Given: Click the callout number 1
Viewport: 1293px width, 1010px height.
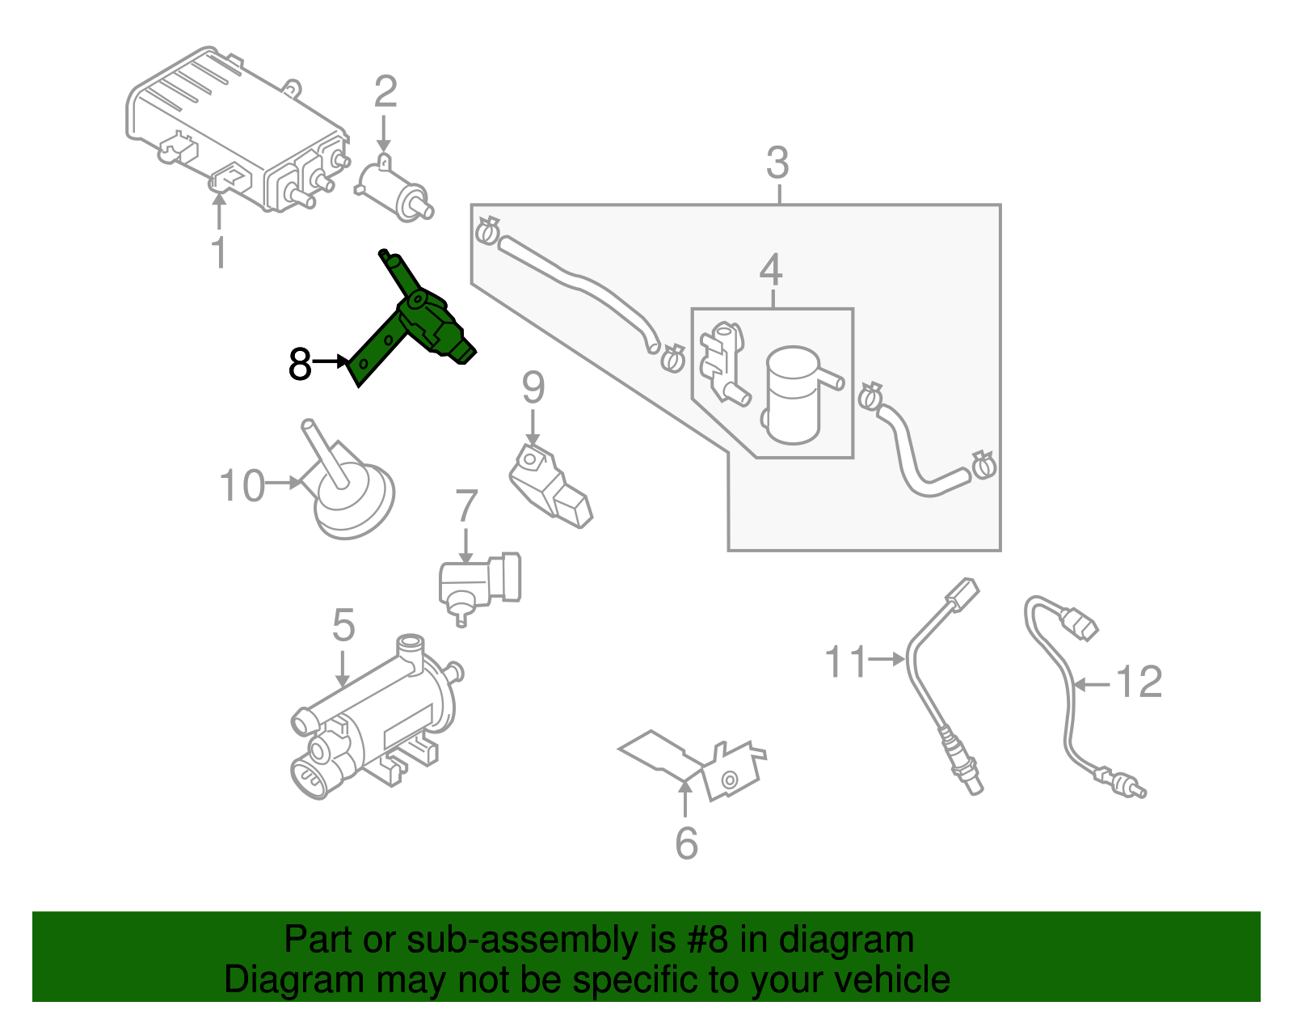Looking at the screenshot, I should click(x=219, y=253).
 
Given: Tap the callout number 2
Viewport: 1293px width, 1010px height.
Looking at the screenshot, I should click(x=385, y=92).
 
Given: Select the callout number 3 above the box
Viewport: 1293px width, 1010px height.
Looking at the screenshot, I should click(x=777, y=163).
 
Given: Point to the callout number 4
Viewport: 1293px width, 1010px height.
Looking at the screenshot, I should click(x=771, y=270).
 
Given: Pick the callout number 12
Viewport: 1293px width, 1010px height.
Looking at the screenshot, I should click(x=1139, y=682).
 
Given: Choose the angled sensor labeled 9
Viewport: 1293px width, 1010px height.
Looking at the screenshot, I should click(x=550, y=485).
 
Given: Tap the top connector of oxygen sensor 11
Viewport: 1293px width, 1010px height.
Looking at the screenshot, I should click(x=962, y=597).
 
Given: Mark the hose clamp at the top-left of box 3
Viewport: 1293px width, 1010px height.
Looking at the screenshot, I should click(x=486, y=230).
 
